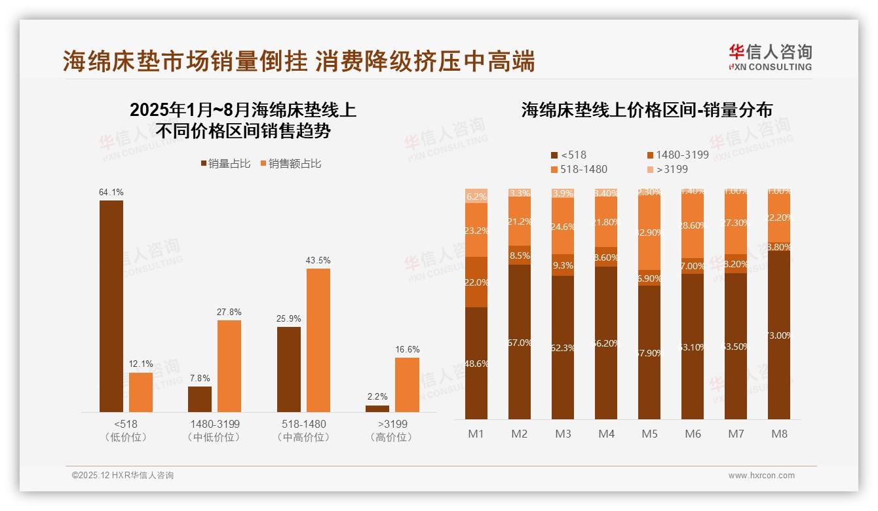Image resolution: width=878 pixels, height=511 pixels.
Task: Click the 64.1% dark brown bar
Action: point(111,306)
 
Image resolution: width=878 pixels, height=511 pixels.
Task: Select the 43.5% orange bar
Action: point(318,340)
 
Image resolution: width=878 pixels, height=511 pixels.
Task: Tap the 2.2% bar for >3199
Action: point(377,409)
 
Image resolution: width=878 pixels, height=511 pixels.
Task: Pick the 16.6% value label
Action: point(408,350)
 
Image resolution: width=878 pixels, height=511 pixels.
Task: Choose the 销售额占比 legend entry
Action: point(292,164)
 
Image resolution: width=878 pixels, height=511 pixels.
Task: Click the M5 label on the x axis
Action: point(649,434)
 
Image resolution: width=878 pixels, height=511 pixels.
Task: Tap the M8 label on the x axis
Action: point(779,434)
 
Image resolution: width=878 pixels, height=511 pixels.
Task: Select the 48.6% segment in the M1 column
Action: point(476,363)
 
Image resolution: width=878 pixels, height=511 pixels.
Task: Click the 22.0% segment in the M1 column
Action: point(476,282)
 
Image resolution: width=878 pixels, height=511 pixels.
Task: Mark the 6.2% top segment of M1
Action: point(476,196)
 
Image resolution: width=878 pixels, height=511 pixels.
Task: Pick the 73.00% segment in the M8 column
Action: point(779,335)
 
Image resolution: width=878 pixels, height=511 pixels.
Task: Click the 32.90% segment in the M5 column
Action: point(649,233)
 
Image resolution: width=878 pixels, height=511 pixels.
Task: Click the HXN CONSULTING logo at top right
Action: point(770,58)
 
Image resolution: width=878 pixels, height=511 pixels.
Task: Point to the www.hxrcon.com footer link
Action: point(761,476)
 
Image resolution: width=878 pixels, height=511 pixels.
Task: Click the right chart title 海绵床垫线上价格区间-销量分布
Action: point(647,109)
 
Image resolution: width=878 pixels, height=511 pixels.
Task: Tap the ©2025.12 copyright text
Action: point(123,476)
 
